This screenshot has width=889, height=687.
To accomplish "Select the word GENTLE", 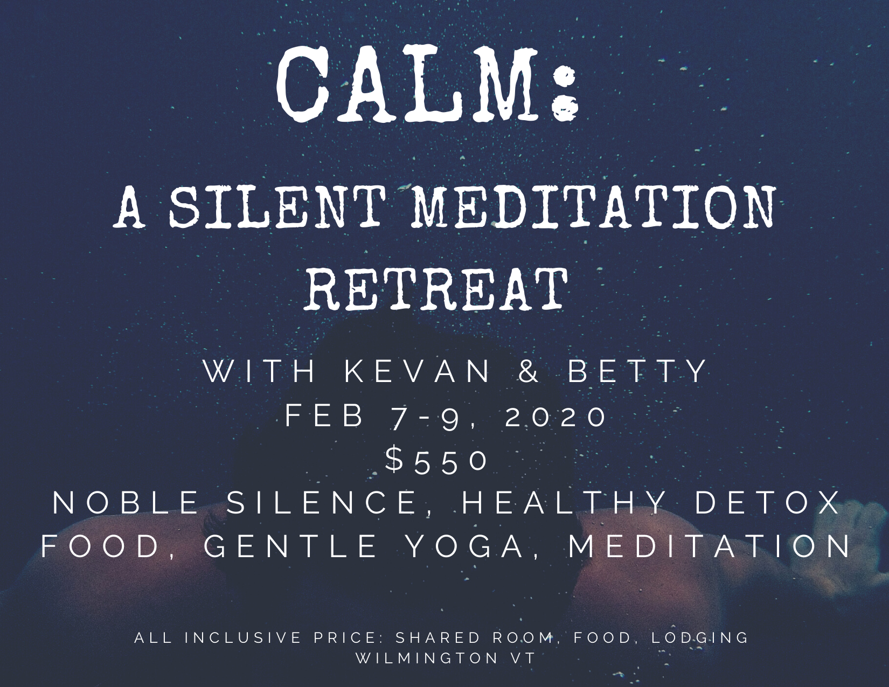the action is (291, 547).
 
